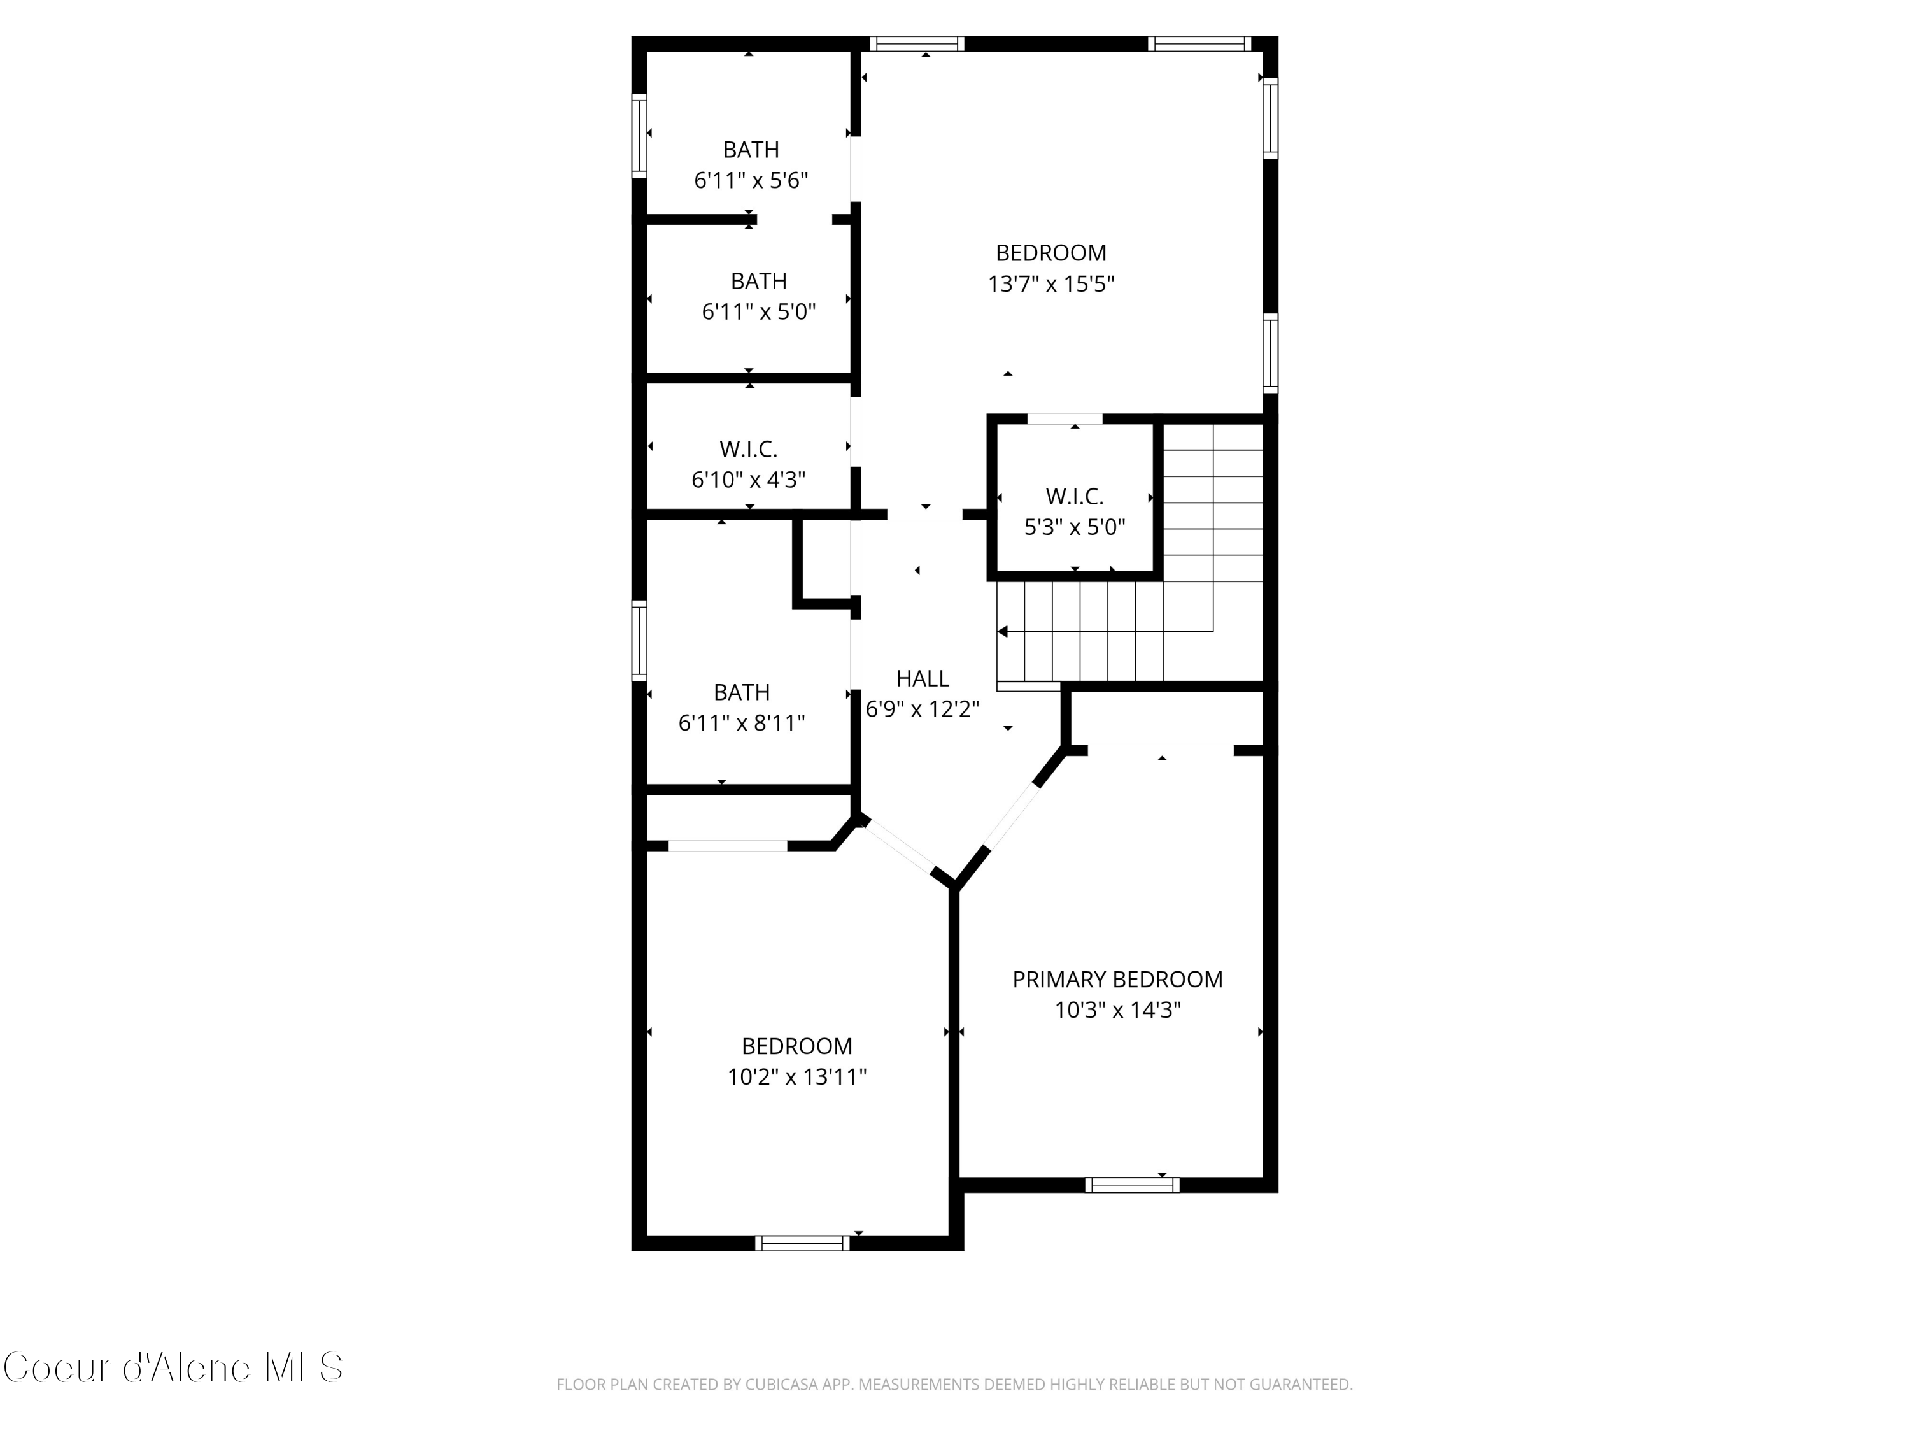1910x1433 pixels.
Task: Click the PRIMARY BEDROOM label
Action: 1117,980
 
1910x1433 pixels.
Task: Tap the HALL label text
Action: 922,679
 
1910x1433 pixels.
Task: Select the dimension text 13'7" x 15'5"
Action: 1051,284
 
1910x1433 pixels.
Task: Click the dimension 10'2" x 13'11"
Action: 796,1077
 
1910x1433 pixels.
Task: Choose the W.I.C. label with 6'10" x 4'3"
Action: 748,449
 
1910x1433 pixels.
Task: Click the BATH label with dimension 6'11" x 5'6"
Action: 751,150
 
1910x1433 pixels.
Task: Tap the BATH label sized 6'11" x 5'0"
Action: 758,282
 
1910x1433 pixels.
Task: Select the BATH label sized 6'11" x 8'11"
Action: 741,693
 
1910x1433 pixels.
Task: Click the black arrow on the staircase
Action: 1003,632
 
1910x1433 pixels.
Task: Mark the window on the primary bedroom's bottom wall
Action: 1131,1185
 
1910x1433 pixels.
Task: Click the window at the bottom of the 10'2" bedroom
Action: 802,1243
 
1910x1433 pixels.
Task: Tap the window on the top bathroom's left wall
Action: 639,136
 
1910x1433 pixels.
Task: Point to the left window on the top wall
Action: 916,44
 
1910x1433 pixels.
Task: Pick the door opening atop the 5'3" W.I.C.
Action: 1065,419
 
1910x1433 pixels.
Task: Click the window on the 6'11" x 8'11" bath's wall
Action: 639,640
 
